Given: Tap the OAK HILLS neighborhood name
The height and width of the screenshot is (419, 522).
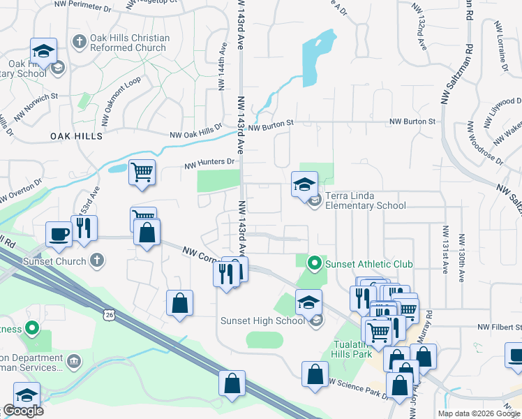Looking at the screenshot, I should click(x=76, y=136).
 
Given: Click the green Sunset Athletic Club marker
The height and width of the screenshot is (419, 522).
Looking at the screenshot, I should click(x=314, y=263).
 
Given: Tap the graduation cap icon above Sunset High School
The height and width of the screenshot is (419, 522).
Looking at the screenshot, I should click(x=308, y=302).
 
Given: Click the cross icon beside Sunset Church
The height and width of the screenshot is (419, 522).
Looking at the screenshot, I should click(x=97, y=261).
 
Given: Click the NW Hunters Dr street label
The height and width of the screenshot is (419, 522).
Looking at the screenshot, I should click(x=210, y=163).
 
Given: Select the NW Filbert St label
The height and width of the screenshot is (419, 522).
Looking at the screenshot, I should click(x=500, y=327).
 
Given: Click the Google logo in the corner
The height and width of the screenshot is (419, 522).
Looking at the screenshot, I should click(x=23, y=411).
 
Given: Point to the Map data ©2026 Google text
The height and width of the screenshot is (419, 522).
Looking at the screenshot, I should click(x=479, y=413).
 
